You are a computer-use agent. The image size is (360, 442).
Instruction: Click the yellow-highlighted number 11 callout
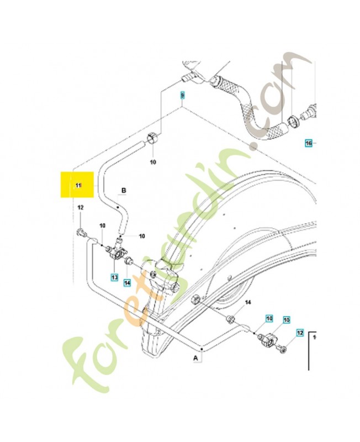pos(78,185)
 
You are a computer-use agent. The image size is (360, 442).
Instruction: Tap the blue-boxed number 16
pos(309,144)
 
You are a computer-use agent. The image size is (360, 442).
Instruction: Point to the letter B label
pos(124,191)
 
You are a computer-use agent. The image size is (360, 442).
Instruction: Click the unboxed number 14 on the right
pos(247,303)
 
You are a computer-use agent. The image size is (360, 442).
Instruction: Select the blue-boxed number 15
pos(286,320)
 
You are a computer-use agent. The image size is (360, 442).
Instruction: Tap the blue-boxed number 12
pos(300,333)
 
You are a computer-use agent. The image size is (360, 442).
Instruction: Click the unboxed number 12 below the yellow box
pos(80,208)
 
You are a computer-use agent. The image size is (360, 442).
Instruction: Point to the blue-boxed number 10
pos(269,319)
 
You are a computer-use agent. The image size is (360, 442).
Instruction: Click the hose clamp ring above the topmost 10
pos(153,138)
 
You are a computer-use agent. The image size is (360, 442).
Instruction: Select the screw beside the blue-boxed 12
pos(284,348)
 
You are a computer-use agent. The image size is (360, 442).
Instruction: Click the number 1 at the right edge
pos(314,336)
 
